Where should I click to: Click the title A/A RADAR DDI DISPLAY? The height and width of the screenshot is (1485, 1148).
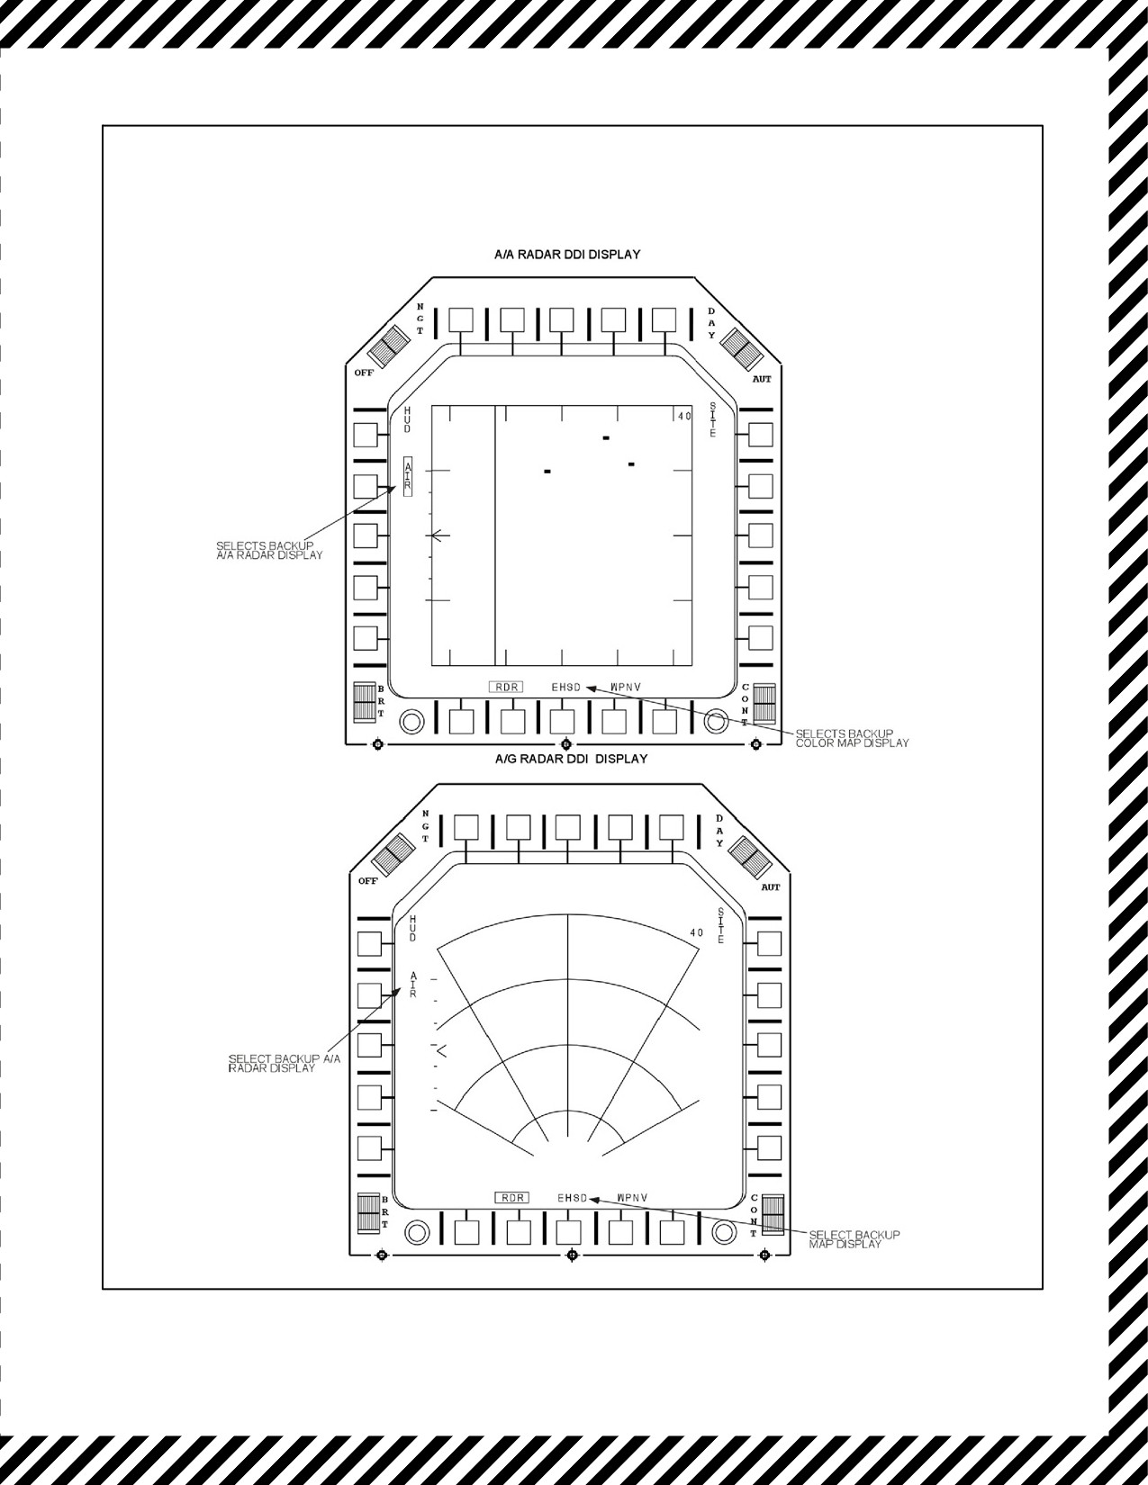(x=567, y=254)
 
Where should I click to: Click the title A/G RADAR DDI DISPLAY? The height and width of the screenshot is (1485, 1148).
(x=571, y=759)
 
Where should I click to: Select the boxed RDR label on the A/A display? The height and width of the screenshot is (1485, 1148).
(x=506, y=687)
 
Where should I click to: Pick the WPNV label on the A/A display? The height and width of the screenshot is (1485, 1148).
(x=626, y=687)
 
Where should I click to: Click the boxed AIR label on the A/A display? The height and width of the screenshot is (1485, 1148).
(x=408, y=475)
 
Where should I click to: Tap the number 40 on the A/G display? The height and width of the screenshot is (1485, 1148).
(x=696, y=932)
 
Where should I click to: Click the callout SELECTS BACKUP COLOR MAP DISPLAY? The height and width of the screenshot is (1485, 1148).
(x=852, y=738)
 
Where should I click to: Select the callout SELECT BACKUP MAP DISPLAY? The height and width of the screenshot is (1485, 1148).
(x=854, y=1239)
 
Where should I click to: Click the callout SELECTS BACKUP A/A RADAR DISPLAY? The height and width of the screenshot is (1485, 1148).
(x=268, y=550)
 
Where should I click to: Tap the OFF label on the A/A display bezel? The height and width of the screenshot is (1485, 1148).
(x=364, y=373)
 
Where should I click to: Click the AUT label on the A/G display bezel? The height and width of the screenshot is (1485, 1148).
(x=771, y=887)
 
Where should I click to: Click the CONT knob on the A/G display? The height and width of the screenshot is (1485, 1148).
(x=773, y=1214)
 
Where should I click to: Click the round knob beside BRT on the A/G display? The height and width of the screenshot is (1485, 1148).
(x=417, y=1232)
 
